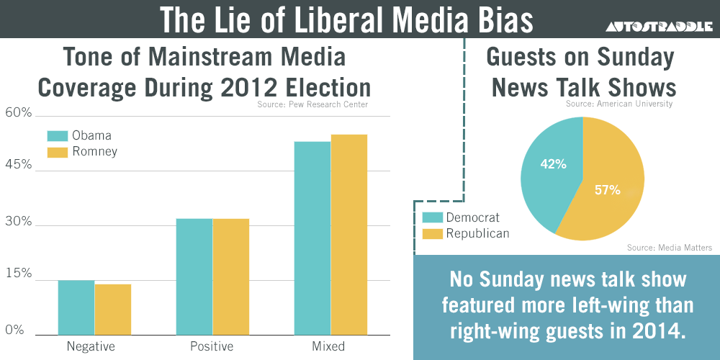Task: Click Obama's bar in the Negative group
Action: pyautogui.click(x=76, y=307)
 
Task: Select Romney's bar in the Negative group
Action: pyautogui.click(x=113, y=310)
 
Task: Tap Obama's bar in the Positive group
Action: pyautogui.click(x=194, y=276)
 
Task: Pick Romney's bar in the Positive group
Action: pyautogui.click(x=231, y=276)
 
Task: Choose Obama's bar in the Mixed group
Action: pyautogui.click(x=312, y=238)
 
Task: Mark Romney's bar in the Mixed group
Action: pyautogui.click(x=349, y=235)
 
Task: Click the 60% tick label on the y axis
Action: pyautogui.click(x=19, y=113)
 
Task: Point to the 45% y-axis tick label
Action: pyautogui.click(x=19, y=165)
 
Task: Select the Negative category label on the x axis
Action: pyautogui.click(x=91, y=346)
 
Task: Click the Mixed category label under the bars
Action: pyautogui.click(x=328, y=346)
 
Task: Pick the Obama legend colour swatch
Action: pyautogui.click(x=57, y=136)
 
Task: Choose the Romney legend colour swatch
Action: pyautogui.click(x=57, y=152)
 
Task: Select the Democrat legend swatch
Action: pyautogui.click(x=432, y=217)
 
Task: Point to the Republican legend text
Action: pyautogui.click(x=477, y=233)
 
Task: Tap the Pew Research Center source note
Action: pyautogui.click(x=312, y=105)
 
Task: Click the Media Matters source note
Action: pyautogui.click(x=670, y=248)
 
